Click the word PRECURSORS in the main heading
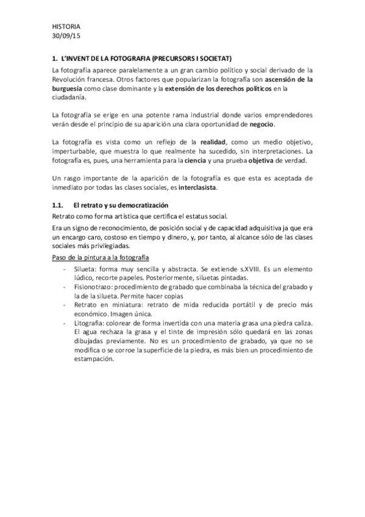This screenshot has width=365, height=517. point(174,59)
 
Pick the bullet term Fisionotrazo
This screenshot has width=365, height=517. point(92,287)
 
